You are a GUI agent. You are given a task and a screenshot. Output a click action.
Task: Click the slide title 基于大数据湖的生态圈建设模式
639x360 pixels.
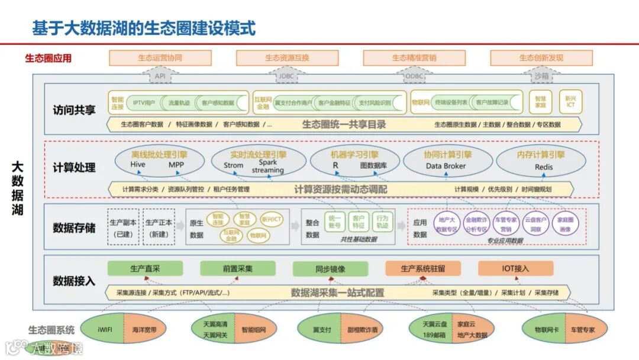coord(144,27)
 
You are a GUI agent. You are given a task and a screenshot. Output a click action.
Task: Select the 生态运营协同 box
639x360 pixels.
coord(160,58)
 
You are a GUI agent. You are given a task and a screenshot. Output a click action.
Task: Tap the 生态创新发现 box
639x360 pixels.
coord(541,58)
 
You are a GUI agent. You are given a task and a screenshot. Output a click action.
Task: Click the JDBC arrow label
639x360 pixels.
coord(286,76)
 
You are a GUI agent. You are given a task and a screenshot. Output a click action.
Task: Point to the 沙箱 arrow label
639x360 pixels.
coord(541,76)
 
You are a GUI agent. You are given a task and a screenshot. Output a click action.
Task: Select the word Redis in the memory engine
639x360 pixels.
coord(543,167)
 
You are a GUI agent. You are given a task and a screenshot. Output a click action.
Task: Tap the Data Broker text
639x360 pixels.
coord(446,166)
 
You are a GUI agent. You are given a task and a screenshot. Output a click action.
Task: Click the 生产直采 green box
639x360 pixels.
coord(145,268)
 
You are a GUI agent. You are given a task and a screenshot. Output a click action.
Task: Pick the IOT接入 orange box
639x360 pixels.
coord(515,268)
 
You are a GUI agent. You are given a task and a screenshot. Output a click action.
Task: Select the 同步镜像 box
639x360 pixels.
coord(330,268)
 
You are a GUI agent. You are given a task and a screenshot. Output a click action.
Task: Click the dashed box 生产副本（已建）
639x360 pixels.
coord(124,227)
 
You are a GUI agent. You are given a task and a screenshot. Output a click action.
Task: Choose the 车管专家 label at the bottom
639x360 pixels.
coord(583,330)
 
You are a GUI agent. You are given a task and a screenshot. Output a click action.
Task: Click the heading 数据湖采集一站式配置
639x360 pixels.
coord(337,292)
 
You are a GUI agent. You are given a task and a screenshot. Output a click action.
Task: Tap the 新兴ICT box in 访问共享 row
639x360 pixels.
coord(570,102)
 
